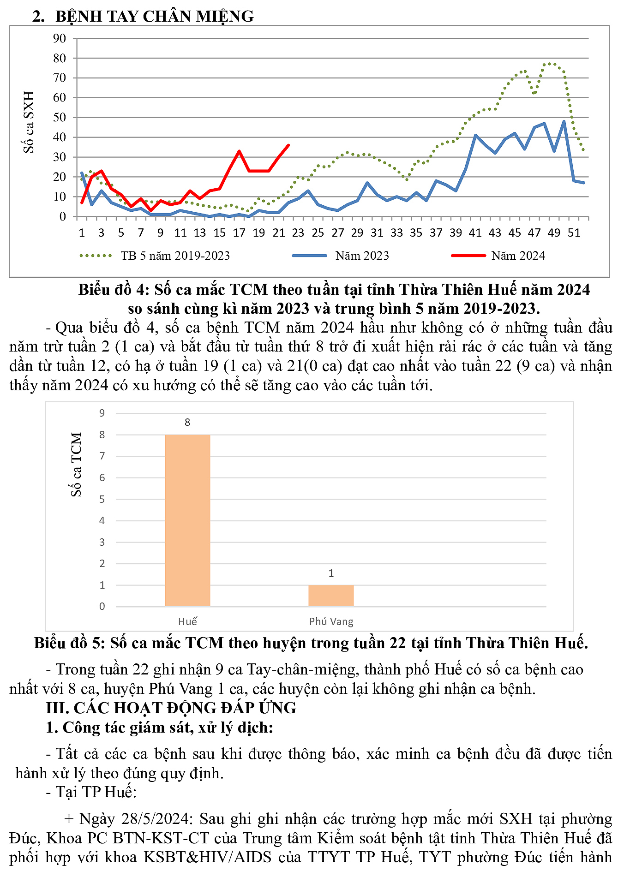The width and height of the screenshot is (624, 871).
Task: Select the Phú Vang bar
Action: coord(331,596)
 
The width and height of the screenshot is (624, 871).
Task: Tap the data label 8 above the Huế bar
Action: coord(187,422)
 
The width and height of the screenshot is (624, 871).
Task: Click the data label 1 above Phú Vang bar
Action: coord(331,573)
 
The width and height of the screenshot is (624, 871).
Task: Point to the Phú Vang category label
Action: coord(331,621)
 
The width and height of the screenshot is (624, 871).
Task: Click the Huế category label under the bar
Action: coord(187,621)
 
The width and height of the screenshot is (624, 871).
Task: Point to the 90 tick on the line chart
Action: coord(60,38)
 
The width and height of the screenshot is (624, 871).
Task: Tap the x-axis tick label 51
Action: coord(574,233)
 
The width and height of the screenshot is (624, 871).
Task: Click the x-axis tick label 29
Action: coord(357,233)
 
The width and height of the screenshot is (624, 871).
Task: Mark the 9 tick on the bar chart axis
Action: coord(102,413)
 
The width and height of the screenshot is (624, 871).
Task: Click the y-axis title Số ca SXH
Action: coord(29,122)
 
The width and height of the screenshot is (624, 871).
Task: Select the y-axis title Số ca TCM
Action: coord(76,464)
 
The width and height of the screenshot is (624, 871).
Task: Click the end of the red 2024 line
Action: coord(288,145)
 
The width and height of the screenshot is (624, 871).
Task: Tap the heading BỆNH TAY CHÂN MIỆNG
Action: coord(154,16)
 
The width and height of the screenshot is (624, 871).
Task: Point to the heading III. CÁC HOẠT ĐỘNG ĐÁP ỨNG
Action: coord(171,708)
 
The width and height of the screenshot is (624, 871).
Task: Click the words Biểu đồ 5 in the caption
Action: coord(60,643)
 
